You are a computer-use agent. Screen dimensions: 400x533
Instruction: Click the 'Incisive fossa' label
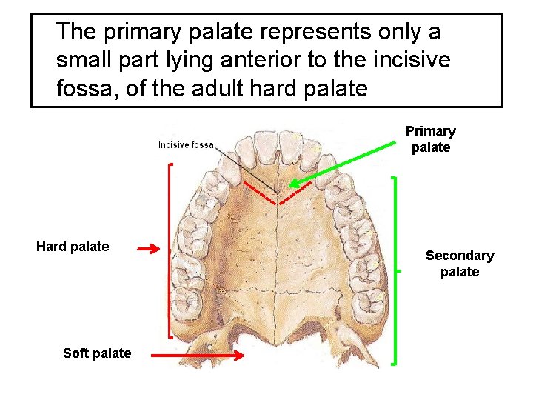[x=186, y=145]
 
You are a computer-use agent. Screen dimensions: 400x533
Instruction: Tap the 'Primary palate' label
[x=430, y=139]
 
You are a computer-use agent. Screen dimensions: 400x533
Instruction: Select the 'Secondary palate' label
[x=460, y=264]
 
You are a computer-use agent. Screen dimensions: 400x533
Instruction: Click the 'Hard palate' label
[x=73, y=247]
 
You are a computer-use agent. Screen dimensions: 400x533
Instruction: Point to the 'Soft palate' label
[x=97, y=353]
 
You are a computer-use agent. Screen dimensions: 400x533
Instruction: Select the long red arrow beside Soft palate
[x=197, y=356]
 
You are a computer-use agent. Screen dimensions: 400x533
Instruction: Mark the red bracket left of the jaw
[x=170, y=252]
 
